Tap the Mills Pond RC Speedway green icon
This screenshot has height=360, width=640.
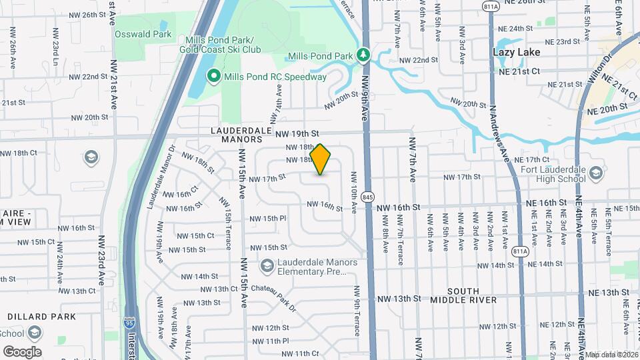214,77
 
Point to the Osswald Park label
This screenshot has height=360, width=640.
143,34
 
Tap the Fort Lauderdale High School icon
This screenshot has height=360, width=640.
596,173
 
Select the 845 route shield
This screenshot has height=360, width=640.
367,197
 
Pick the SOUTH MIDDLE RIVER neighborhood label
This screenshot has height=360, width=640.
472,295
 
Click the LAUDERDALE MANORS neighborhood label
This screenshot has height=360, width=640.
237,135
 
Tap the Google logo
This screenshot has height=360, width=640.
22,352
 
